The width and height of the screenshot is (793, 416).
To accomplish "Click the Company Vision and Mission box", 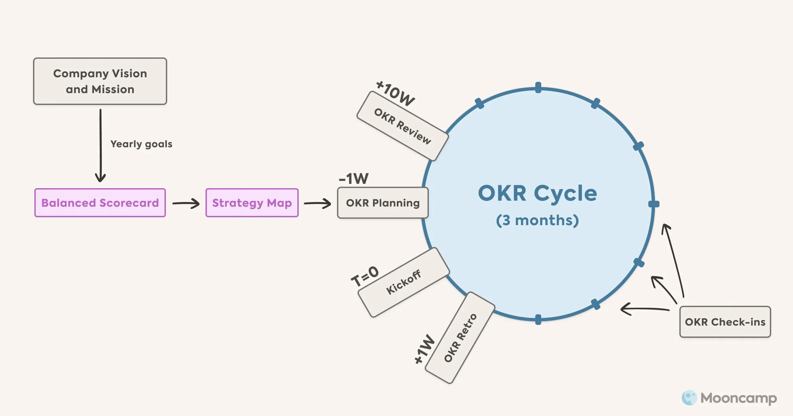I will click(x=100, y=81).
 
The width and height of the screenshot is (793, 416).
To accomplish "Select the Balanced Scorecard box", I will click(x=100, y=203).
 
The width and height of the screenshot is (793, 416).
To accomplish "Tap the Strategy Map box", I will click(x=252, y=203).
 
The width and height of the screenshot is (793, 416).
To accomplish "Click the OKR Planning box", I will click(x=383, y=203).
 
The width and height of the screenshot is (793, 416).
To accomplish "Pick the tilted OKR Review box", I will click(x=402, y=126).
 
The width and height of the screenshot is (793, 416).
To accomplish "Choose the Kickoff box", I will click(x=403, y=282).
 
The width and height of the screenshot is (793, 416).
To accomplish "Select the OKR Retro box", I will click(x=460, y=338).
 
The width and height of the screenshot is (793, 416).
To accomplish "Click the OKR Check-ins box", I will click(x=725, y=322).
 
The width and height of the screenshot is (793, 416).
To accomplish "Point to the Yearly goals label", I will click(x=141, y=144).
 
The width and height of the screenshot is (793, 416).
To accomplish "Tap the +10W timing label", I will click(x=396, y=94).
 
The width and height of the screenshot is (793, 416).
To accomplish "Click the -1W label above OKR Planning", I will click(x=354, y=179).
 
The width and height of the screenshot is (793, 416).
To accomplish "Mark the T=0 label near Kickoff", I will click(x=364, y=276).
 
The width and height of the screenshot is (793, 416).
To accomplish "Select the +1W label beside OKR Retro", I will click(x=425, y=349).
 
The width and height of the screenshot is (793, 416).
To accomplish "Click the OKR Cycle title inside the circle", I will click(x=537, y=193).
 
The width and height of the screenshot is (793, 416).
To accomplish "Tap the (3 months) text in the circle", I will click(x=537, y=220).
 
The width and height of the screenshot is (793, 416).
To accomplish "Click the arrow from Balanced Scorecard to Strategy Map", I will click(x=186, y=203).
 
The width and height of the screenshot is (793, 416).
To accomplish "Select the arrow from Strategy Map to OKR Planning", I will click(x=317, y=203).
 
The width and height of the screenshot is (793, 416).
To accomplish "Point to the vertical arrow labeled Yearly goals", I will click(x=100, y=145).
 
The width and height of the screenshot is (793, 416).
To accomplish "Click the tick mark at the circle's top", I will click(x=538, y=87).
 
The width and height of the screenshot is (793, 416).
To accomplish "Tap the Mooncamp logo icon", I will click(x=689, y=398).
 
